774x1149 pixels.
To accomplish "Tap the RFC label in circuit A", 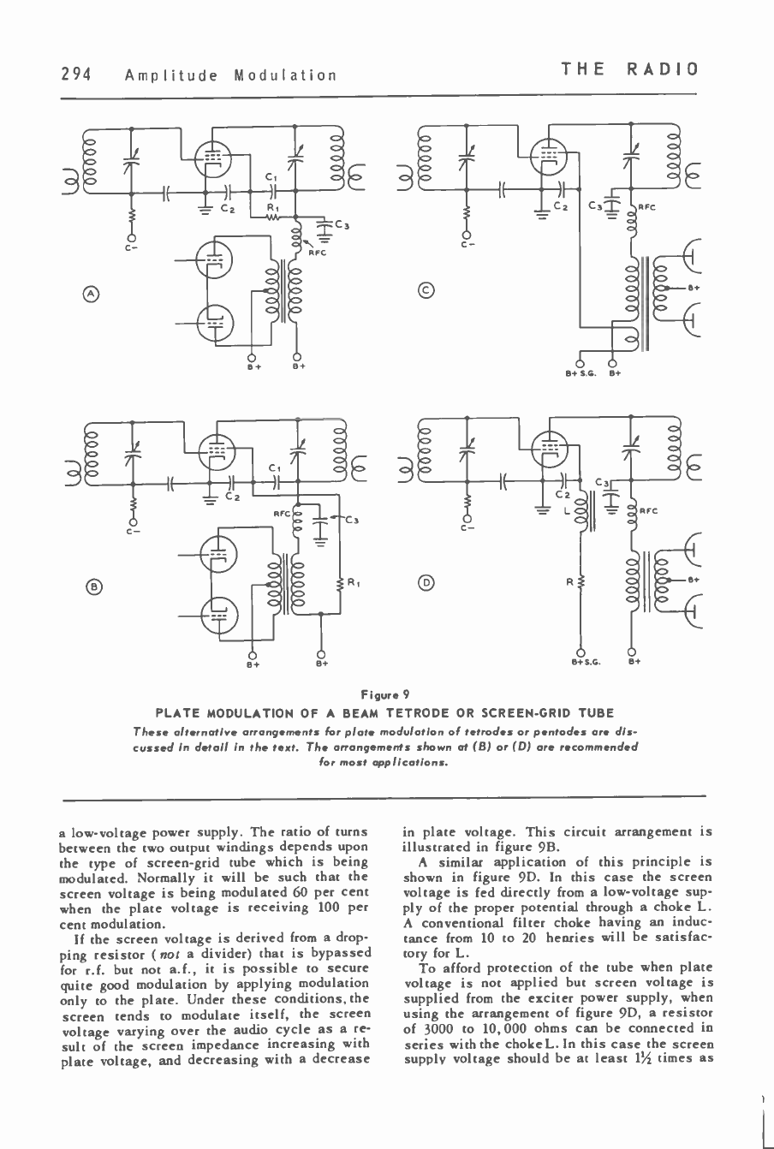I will tap(316, 253).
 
